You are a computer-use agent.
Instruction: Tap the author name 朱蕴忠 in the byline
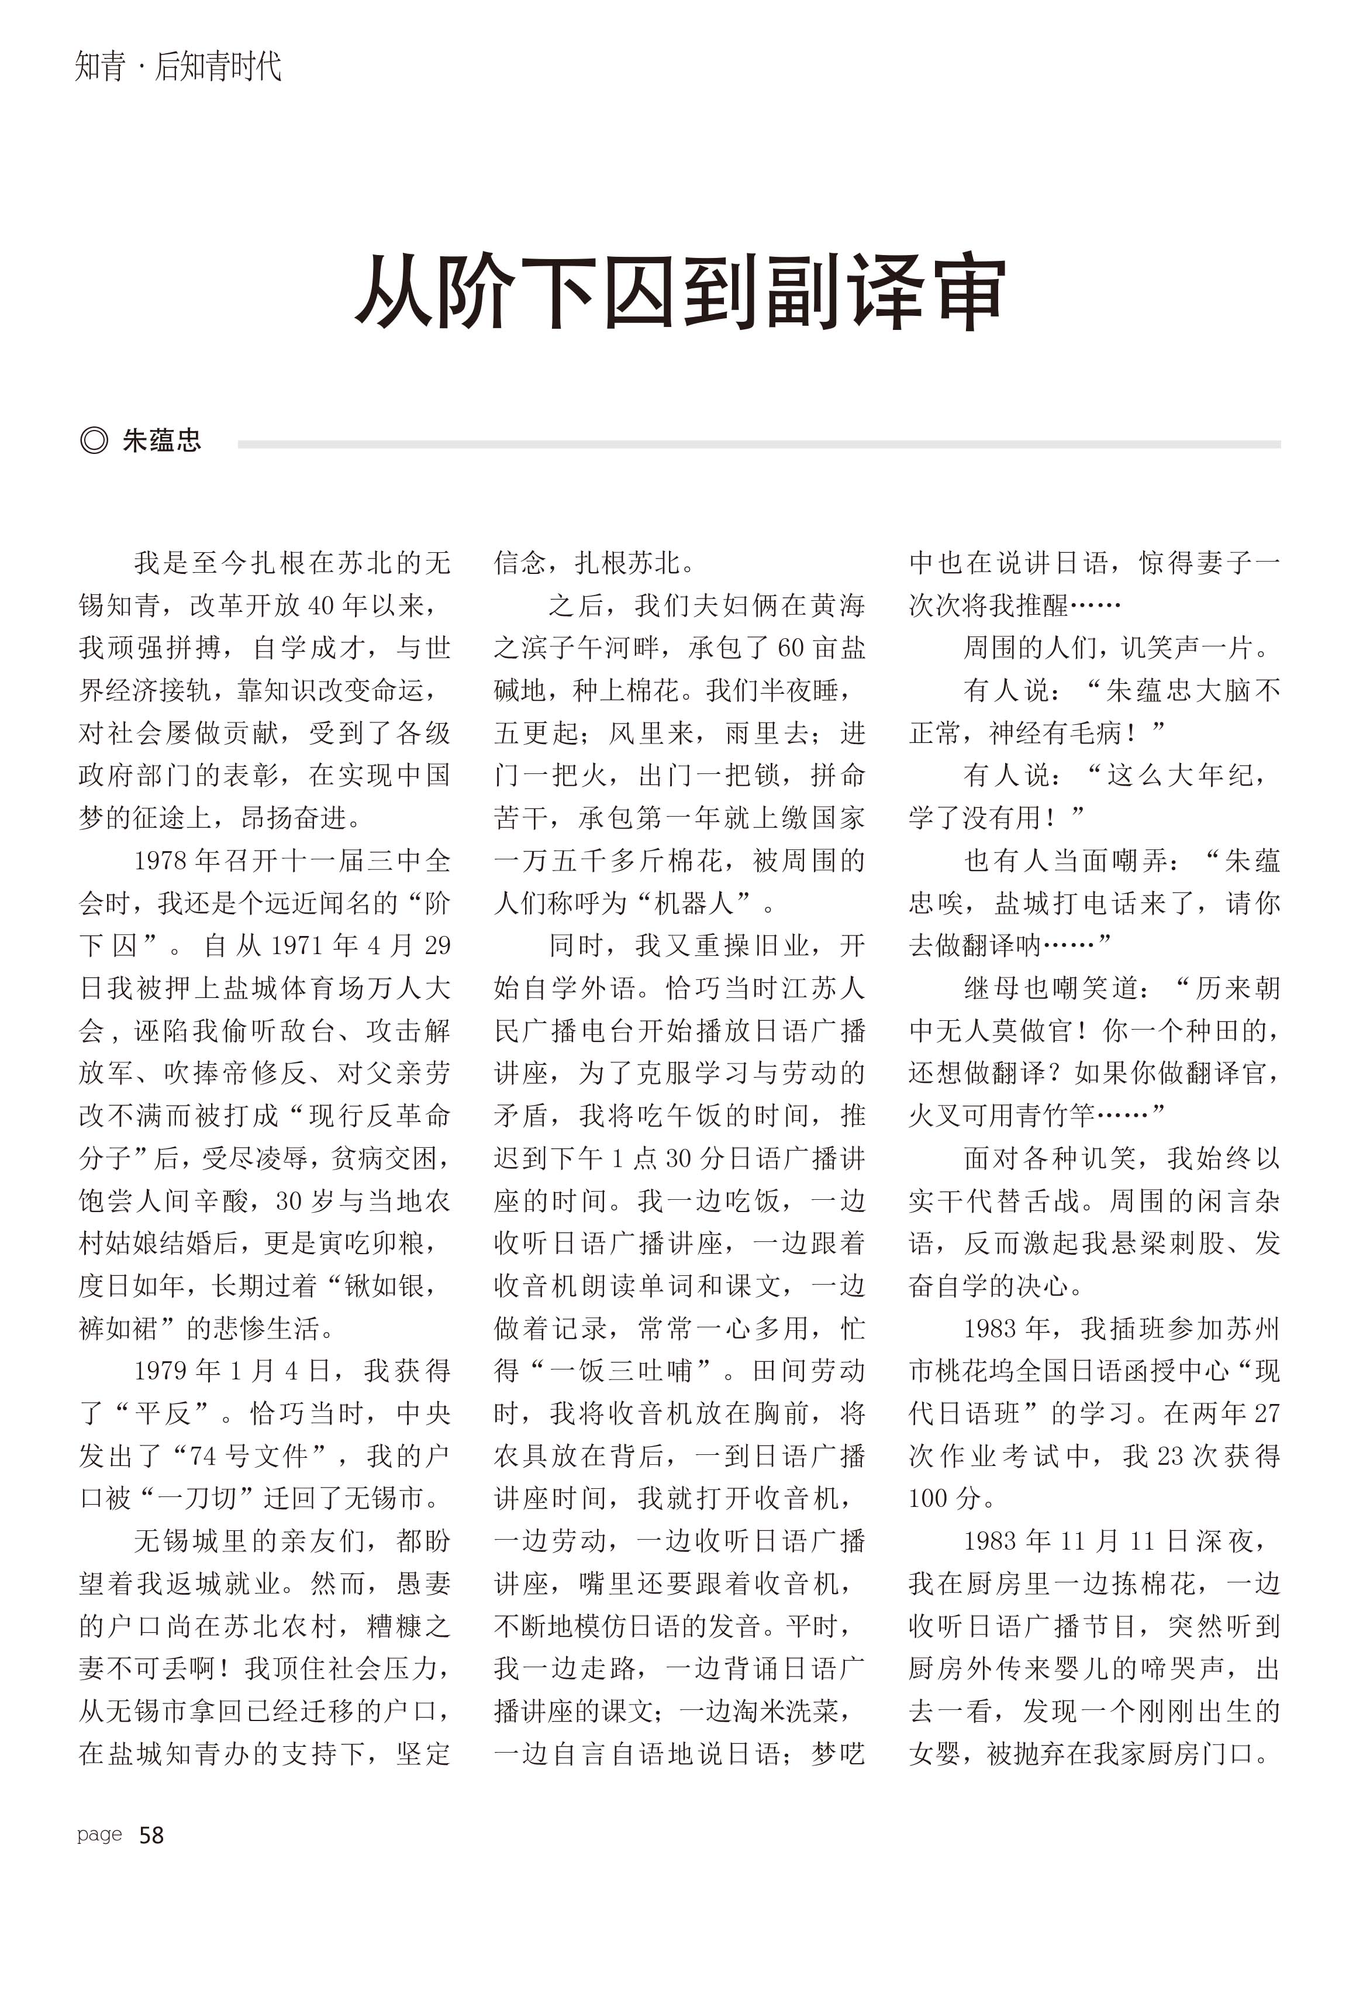tap(161, 440)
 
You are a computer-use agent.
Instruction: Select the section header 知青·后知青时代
tap(178, 66)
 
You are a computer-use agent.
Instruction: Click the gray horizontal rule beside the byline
tap(758, 444)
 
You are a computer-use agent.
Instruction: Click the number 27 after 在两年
tap(1265, 1413)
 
